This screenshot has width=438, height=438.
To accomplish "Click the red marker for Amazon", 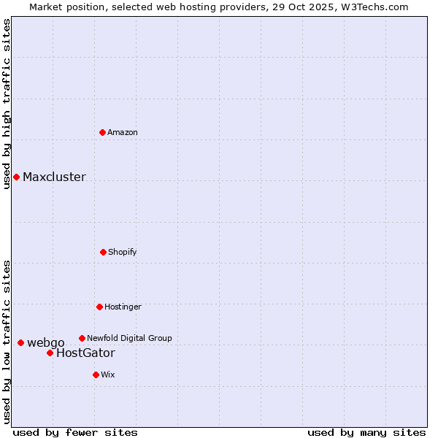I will [102, 132].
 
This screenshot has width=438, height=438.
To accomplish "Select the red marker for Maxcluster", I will [16, 177].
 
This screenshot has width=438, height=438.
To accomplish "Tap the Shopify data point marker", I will [103, 252].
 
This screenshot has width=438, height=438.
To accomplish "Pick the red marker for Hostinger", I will [99, 307].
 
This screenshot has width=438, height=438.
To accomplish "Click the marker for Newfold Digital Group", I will [82, 338].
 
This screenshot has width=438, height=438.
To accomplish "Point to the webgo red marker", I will [20, 342].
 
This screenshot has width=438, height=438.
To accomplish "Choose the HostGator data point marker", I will [50, 353].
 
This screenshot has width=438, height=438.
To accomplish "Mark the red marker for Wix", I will [96, 374].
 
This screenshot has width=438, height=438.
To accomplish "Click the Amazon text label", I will [123, 132].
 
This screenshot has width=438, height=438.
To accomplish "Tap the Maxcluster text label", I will [54, 177].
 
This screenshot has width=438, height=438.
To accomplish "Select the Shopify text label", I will [123, 252].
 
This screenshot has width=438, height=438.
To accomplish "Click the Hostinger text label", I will [123, 307].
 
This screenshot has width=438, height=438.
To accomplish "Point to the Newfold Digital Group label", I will [129, 338].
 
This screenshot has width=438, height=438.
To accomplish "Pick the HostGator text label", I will [85, 353].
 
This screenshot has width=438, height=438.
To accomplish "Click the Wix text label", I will [108, 374].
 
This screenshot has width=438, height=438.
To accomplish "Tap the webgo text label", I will [46, 343].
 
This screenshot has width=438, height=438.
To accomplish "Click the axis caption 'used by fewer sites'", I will [75, 432].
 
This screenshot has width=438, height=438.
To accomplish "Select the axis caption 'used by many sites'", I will [366, 432].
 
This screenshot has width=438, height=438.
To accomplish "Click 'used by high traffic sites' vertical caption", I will [7, 104].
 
